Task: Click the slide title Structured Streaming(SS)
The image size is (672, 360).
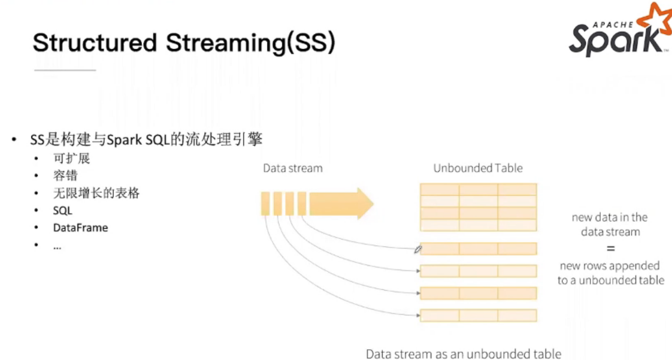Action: [x=184, y=43]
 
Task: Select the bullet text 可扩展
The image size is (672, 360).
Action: [x=71, y=159]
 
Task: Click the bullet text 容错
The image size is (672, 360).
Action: [x=65, y=176]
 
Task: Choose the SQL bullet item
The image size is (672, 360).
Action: [x=62, y=211]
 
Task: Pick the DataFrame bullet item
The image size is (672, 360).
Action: [x=80, y=228]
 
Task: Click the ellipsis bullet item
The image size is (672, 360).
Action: [x=57, y=246]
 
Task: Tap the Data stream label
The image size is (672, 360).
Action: [x=292, y=168]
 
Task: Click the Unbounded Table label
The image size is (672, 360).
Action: [x=478, y=168]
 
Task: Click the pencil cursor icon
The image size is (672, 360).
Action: [x=418, y=249]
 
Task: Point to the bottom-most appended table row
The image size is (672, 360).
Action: [x=478, y=315]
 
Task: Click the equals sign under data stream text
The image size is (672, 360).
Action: [x=610, y=249]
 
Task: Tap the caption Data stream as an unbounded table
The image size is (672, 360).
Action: [x=464, y=353]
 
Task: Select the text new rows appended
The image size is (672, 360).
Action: [x=610, y=265]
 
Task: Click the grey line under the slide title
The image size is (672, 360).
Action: [x=65, y=70]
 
